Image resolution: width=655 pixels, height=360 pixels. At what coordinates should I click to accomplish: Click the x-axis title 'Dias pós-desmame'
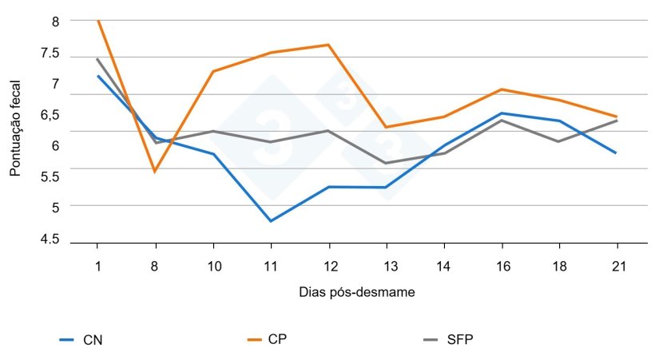[352, 292]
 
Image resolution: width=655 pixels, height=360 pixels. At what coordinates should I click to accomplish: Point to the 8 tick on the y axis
[55, 22]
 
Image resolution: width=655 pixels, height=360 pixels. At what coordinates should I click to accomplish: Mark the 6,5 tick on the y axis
[50, 115]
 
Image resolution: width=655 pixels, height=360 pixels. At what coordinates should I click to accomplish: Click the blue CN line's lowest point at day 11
[271, 221]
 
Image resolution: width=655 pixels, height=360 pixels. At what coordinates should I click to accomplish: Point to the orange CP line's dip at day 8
[155, 172]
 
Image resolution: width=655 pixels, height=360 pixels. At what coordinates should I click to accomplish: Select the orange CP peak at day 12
[328, 45]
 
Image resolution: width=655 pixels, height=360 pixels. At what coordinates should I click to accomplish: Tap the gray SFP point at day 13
[386, 164]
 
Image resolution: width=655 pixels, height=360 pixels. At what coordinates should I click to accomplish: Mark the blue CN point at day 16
[501, 113]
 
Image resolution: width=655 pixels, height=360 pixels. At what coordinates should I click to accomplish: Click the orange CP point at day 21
[617, 117]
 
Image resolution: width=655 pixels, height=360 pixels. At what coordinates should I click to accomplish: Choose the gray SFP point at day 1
[97, 58]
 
